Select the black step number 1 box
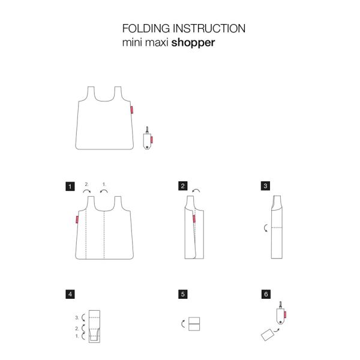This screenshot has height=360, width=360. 71,187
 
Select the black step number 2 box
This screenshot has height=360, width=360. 182,187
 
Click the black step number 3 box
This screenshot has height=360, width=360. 265,187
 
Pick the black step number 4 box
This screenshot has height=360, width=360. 71,294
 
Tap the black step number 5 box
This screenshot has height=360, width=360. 182,294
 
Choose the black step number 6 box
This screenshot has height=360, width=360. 265,294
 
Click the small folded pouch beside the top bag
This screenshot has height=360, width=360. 147,139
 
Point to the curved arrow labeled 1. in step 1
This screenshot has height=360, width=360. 104,191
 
